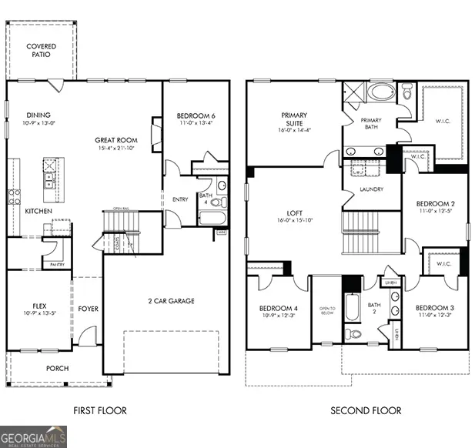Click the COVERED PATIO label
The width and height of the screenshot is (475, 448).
(41, 51)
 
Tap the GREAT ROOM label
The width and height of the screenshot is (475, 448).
(116, 140)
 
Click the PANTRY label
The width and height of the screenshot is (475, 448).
(57, 264)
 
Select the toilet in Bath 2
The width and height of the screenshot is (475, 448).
(352, 334)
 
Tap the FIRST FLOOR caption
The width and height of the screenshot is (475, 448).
(100, 410)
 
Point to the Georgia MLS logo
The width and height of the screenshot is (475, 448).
(34, 436)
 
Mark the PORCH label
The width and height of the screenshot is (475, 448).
(57, 369)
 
